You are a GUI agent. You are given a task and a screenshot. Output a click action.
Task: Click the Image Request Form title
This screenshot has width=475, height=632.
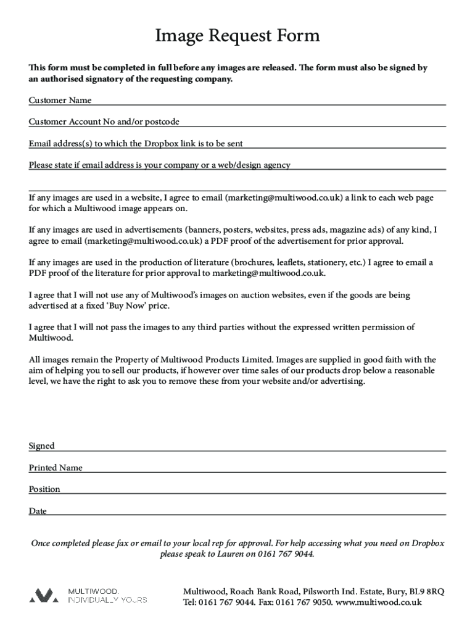pyautogui.click(x=238, y=36)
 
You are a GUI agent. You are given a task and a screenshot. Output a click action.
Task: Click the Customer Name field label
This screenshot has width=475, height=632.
pyautogui.click(x=60, y=101)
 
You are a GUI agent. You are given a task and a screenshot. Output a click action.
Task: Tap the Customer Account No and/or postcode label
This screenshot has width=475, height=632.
pyautogui.click(x=104, y=122)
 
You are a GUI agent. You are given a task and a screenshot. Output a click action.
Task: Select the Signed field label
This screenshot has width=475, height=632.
pyautogui.click(x=41, y=446)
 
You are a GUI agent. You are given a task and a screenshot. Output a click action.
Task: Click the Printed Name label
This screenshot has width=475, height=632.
pyautogui.click(x=56, y=468)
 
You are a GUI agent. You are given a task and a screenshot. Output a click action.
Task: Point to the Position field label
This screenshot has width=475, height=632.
pyautogui.click(x=44, y=489)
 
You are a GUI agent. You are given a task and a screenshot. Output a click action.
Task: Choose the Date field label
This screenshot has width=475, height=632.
pyautogui.click(x=38, y=511)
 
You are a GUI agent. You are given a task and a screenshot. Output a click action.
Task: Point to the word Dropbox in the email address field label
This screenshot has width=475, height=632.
pyautogui.click(x=160, y=144)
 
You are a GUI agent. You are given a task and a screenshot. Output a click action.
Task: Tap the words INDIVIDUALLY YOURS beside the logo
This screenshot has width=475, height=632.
pyautogui.click(x=107, y=600)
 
